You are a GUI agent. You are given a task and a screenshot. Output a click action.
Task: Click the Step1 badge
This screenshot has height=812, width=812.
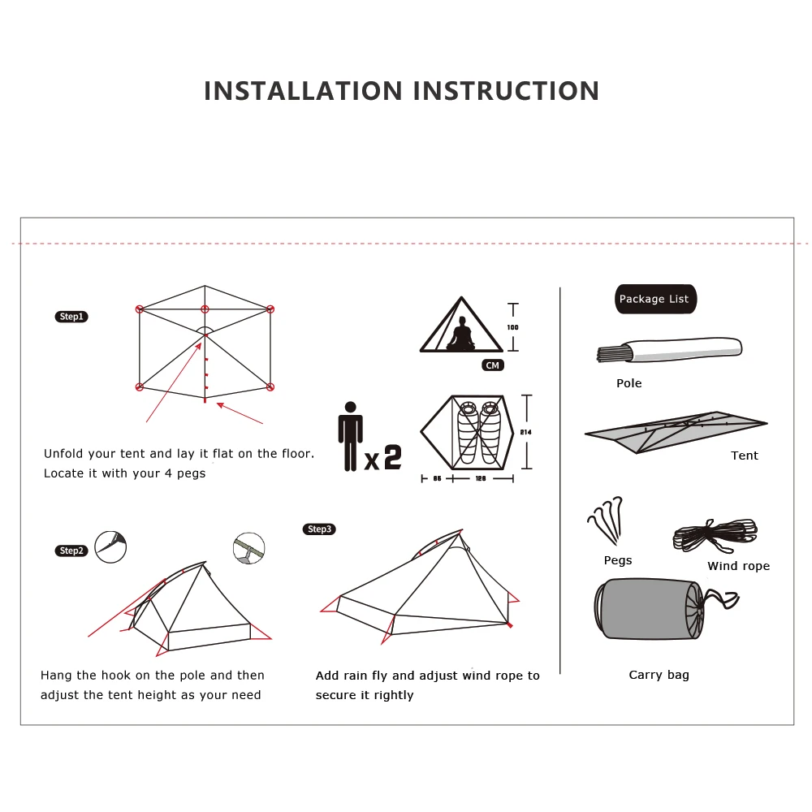[71, 317]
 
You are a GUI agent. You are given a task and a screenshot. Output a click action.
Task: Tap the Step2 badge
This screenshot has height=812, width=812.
[71, 551]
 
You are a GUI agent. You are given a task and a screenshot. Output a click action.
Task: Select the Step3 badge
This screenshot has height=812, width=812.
[320, 529]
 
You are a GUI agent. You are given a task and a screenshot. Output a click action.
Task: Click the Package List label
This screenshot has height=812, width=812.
[654, 299]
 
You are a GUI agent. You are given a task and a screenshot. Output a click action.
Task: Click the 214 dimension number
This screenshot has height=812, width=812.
[525, 432]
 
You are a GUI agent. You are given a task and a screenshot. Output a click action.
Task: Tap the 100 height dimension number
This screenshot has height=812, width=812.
[512, 327]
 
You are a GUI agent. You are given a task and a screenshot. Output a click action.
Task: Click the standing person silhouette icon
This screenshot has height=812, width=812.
[350, 436]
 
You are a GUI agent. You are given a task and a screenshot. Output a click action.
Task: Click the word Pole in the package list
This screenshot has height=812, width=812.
[628, 383]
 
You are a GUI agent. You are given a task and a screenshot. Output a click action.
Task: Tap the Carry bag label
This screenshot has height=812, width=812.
[659, 675]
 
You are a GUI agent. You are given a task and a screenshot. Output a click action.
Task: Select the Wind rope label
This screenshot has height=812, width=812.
[738, 566]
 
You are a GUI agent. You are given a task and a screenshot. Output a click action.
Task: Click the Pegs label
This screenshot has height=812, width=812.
[618, 560]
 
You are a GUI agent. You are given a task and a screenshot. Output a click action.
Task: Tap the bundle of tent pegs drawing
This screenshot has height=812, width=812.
[606, 520]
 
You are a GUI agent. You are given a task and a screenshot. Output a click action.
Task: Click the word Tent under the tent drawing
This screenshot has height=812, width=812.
[744, 456]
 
